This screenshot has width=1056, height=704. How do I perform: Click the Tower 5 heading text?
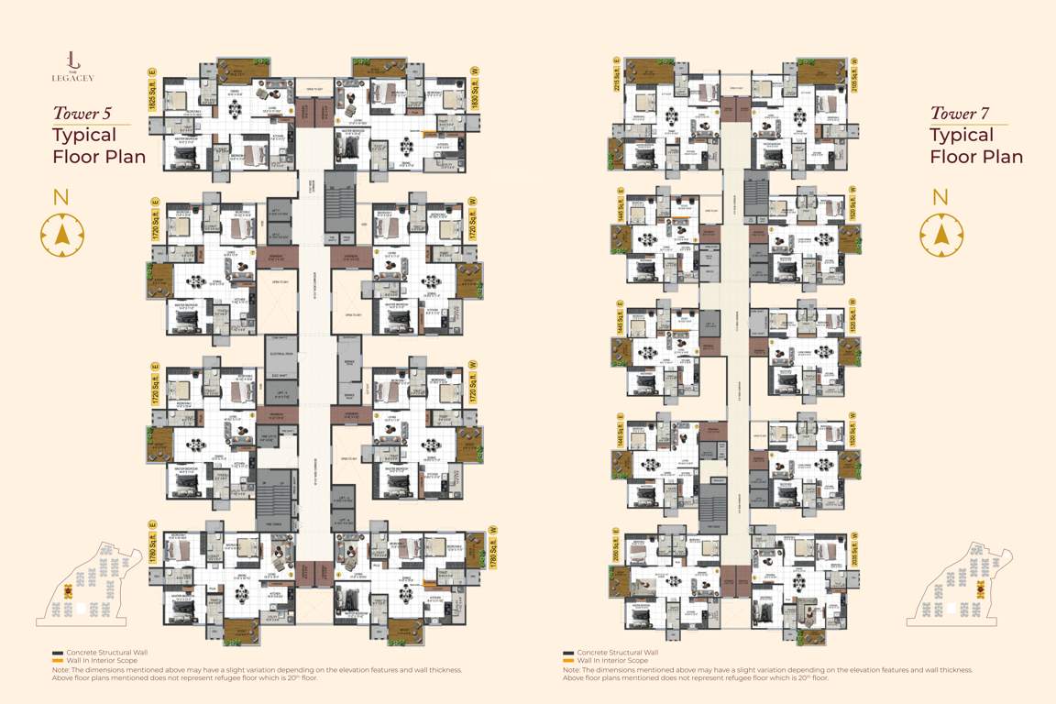pos(82,114)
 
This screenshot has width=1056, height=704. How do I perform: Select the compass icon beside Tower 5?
pos(61,235)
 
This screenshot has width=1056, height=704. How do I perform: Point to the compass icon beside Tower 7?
pos(940,235)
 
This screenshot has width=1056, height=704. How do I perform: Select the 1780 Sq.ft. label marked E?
pos(153,543)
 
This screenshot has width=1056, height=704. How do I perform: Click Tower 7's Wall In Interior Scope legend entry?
pos(609,660)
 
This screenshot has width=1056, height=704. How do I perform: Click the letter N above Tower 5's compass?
pos(61,196)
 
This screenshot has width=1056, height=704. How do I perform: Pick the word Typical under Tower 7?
pos(962,136)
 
